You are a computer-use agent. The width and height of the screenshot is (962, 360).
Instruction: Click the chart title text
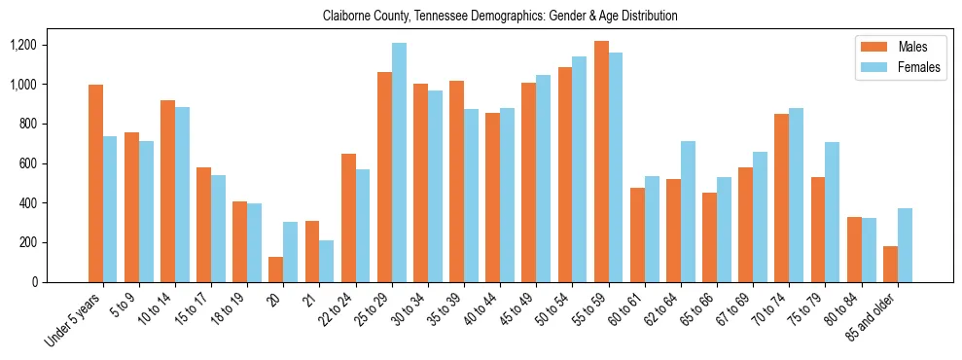point(500,16)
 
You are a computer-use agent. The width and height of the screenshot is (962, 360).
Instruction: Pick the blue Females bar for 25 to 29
point(399,162)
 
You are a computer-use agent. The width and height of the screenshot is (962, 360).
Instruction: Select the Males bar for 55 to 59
point(601,162)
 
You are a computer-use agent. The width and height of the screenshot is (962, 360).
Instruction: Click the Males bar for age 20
point(276,270)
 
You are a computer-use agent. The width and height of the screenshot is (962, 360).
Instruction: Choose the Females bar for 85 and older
point(905,245)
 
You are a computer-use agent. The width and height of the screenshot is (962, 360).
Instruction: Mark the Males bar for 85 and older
point(890,264)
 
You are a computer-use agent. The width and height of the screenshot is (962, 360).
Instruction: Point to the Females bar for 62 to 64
point(688,211)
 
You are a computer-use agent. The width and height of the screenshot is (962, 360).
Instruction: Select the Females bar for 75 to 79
point(833,212)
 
